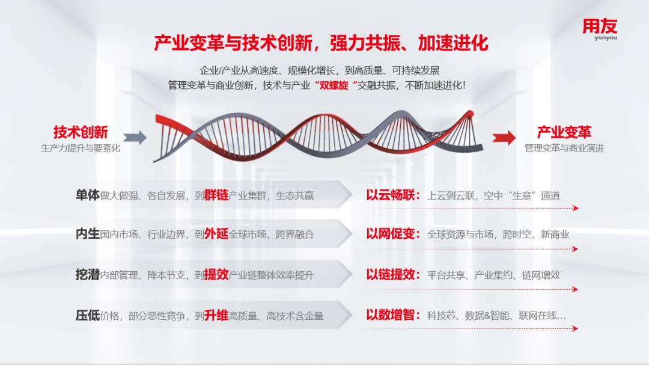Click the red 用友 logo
click(x=600, y=26)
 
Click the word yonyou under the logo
click(x=606, y=38)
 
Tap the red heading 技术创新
click(x=81, y=132)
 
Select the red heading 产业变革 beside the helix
click(x=564, y=132)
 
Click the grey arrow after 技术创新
click(x=135, y=138)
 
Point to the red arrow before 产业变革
click(x=504, y=138)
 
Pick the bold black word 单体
click(x=87, y=195)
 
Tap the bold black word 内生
click(x=87, y=234)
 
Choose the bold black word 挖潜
click(x=87, y=274)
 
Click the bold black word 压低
click(x=87, y=315)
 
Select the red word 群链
click(x=216, y=195)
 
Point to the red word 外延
click(x=216, y=234)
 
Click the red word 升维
click(x=216, y=315)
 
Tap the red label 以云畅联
click(x=391, y=195)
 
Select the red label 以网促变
click(x=391, y=234)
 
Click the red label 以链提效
click(x=391, y=274)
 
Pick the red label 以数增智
click(x=391, y=315)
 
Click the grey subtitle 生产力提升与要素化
click(x=81, y=148)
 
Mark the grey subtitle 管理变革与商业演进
click(x=564, y=148)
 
